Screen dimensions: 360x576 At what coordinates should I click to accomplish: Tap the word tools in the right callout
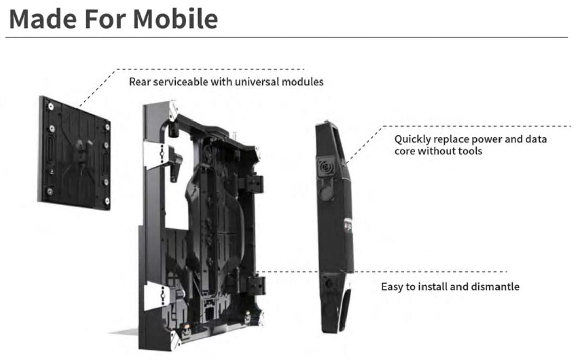point(470,151)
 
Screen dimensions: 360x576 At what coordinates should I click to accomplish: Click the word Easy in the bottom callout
point(392,287)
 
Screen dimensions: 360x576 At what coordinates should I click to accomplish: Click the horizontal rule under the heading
point(286,37)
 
